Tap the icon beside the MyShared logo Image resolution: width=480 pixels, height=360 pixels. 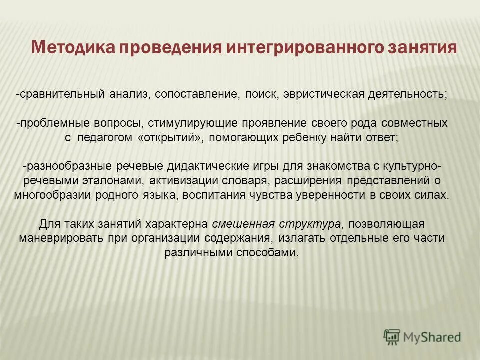pyautogui.click(x=392, y=337)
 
